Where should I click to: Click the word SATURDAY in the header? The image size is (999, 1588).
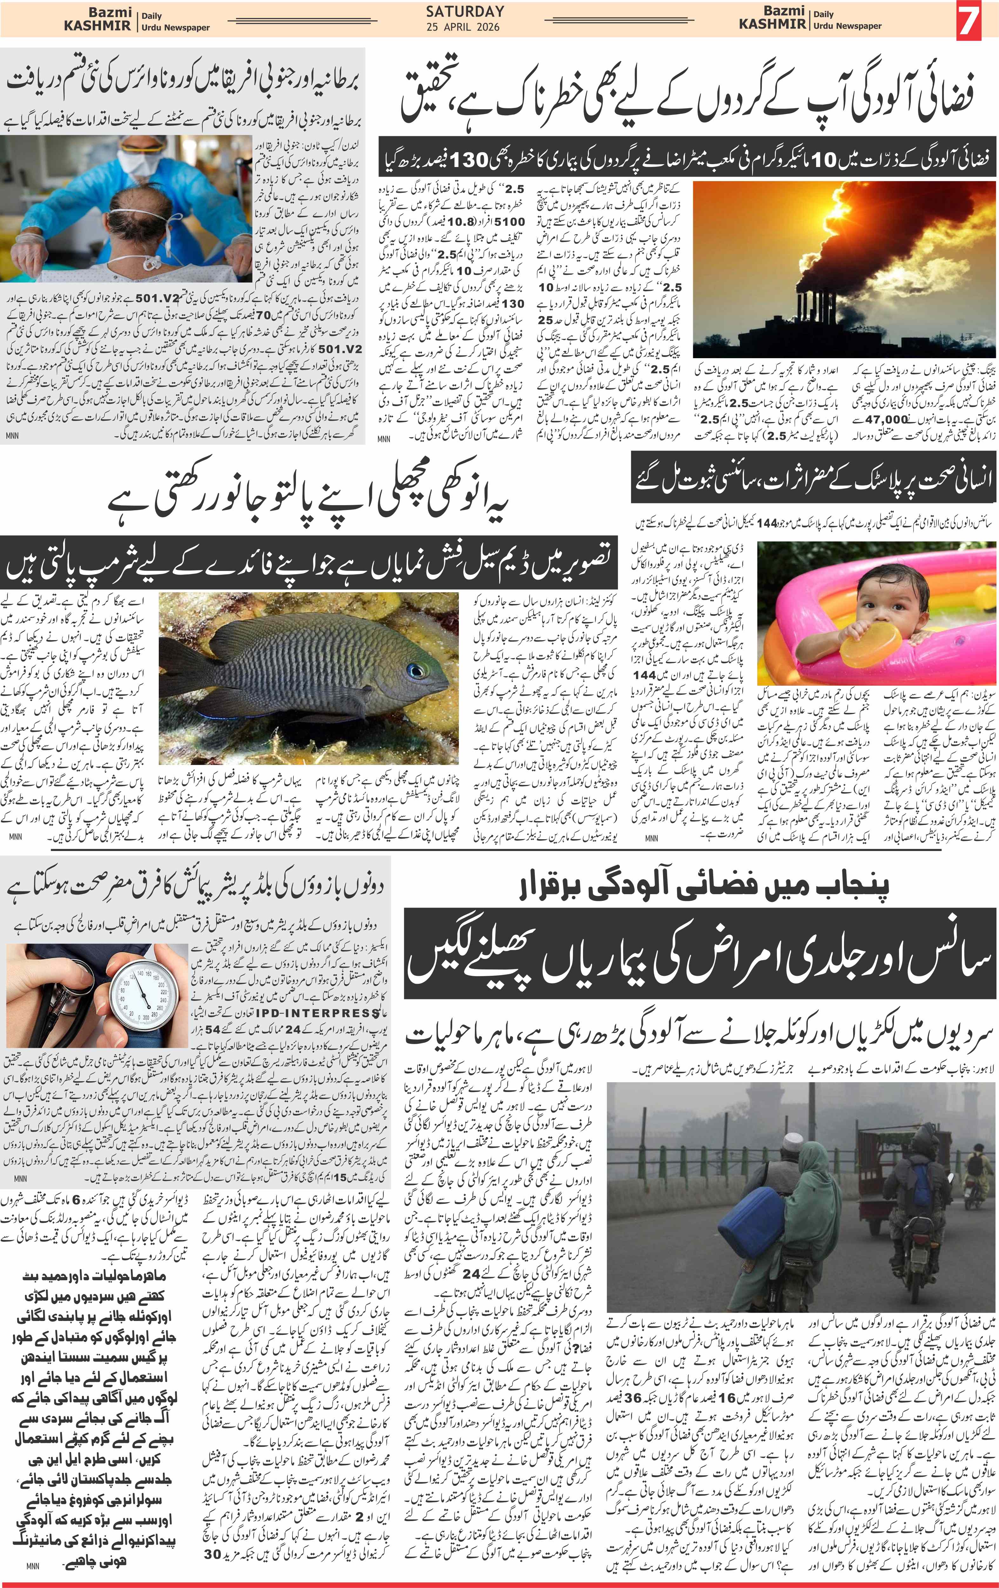point(465,12)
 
